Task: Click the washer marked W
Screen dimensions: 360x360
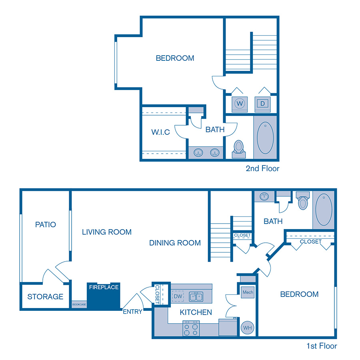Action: (240, 104)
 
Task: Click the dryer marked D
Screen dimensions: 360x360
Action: (263, 104)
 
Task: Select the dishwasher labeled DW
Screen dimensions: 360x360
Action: (178, 296)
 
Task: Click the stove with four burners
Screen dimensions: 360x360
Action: (191, 329)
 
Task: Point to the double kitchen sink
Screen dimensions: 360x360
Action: (196, 296)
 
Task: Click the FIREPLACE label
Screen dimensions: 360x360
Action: (104, 287)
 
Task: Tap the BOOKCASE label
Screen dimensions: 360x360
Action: (79, 305)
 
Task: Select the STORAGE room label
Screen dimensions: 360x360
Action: (45, 296)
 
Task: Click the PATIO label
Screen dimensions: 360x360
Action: (45, 224)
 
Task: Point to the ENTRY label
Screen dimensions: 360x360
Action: (132, 312)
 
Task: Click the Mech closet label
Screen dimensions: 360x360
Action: (248, 292)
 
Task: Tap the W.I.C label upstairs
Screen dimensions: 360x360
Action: (160, 132)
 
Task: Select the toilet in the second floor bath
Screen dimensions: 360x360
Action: (239, 147)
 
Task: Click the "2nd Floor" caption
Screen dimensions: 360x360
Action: (262, 168)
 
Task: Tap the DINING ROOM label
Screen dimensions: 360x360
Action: (175, 243)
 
